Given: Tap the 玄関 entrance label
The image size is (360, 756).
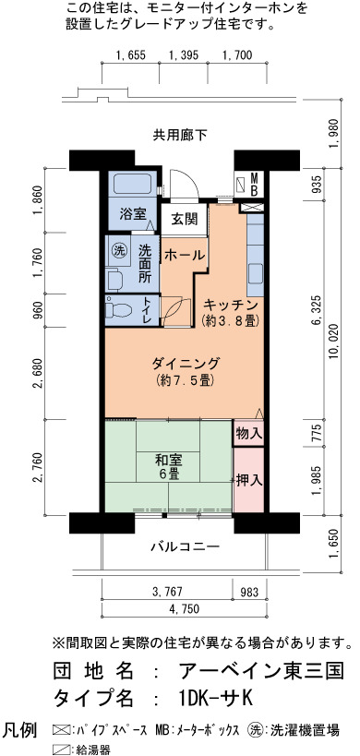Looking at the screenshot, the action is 184,220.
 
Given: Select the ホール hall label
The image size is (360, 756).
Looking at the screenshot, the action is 185,256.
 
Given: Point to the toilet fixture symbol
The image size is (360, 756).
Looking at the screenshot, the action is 119,306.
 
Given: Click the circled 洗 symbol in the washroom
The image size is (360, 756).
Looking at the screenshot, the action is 119,250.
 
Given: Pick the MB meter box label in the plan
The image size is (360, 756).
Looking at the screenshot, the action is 254,185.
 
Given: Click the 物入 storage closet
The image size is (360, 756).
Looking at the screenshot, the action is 249,434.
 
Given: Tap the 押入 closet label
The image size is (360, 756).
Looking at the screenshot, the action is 249,480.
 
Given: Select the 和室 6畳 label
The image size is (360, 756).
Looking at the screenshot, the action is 167,467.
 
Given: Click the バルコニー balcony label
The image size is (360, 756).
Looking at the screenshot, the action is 185,546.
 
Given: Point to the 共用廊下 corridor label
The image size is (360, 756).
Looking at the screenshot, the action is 180,136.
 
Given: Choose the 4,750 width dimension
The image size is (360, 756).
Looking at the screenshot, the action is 184,608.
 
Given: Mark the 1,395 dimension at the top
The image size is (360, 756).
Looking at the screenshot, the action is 183,55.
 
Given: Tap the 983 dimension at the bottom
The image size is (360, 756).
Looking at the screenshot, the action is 249,591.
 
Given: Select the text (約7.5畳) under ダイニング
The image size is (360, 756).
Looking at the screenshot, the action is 185,380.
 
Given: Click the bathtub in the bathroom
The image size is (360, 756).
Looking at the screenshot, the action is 133,185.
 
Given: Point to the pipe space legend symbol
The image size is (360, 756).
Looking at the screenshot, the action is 61,729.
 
